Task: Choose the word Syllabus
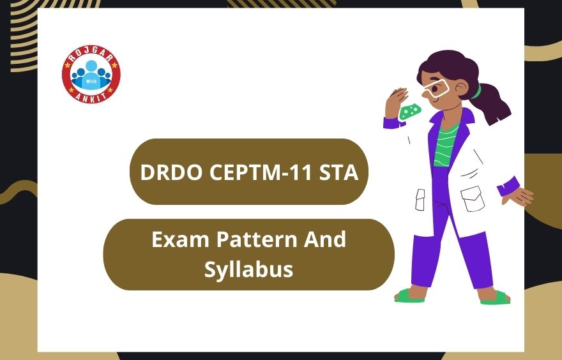[248, 269]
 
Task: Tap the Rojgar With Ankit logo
[91, 74]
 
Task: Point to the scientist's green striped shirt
[446, 144]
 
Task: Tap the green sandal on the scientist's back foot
[496, 297]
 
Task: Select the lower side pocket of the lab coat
[472, 199]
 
